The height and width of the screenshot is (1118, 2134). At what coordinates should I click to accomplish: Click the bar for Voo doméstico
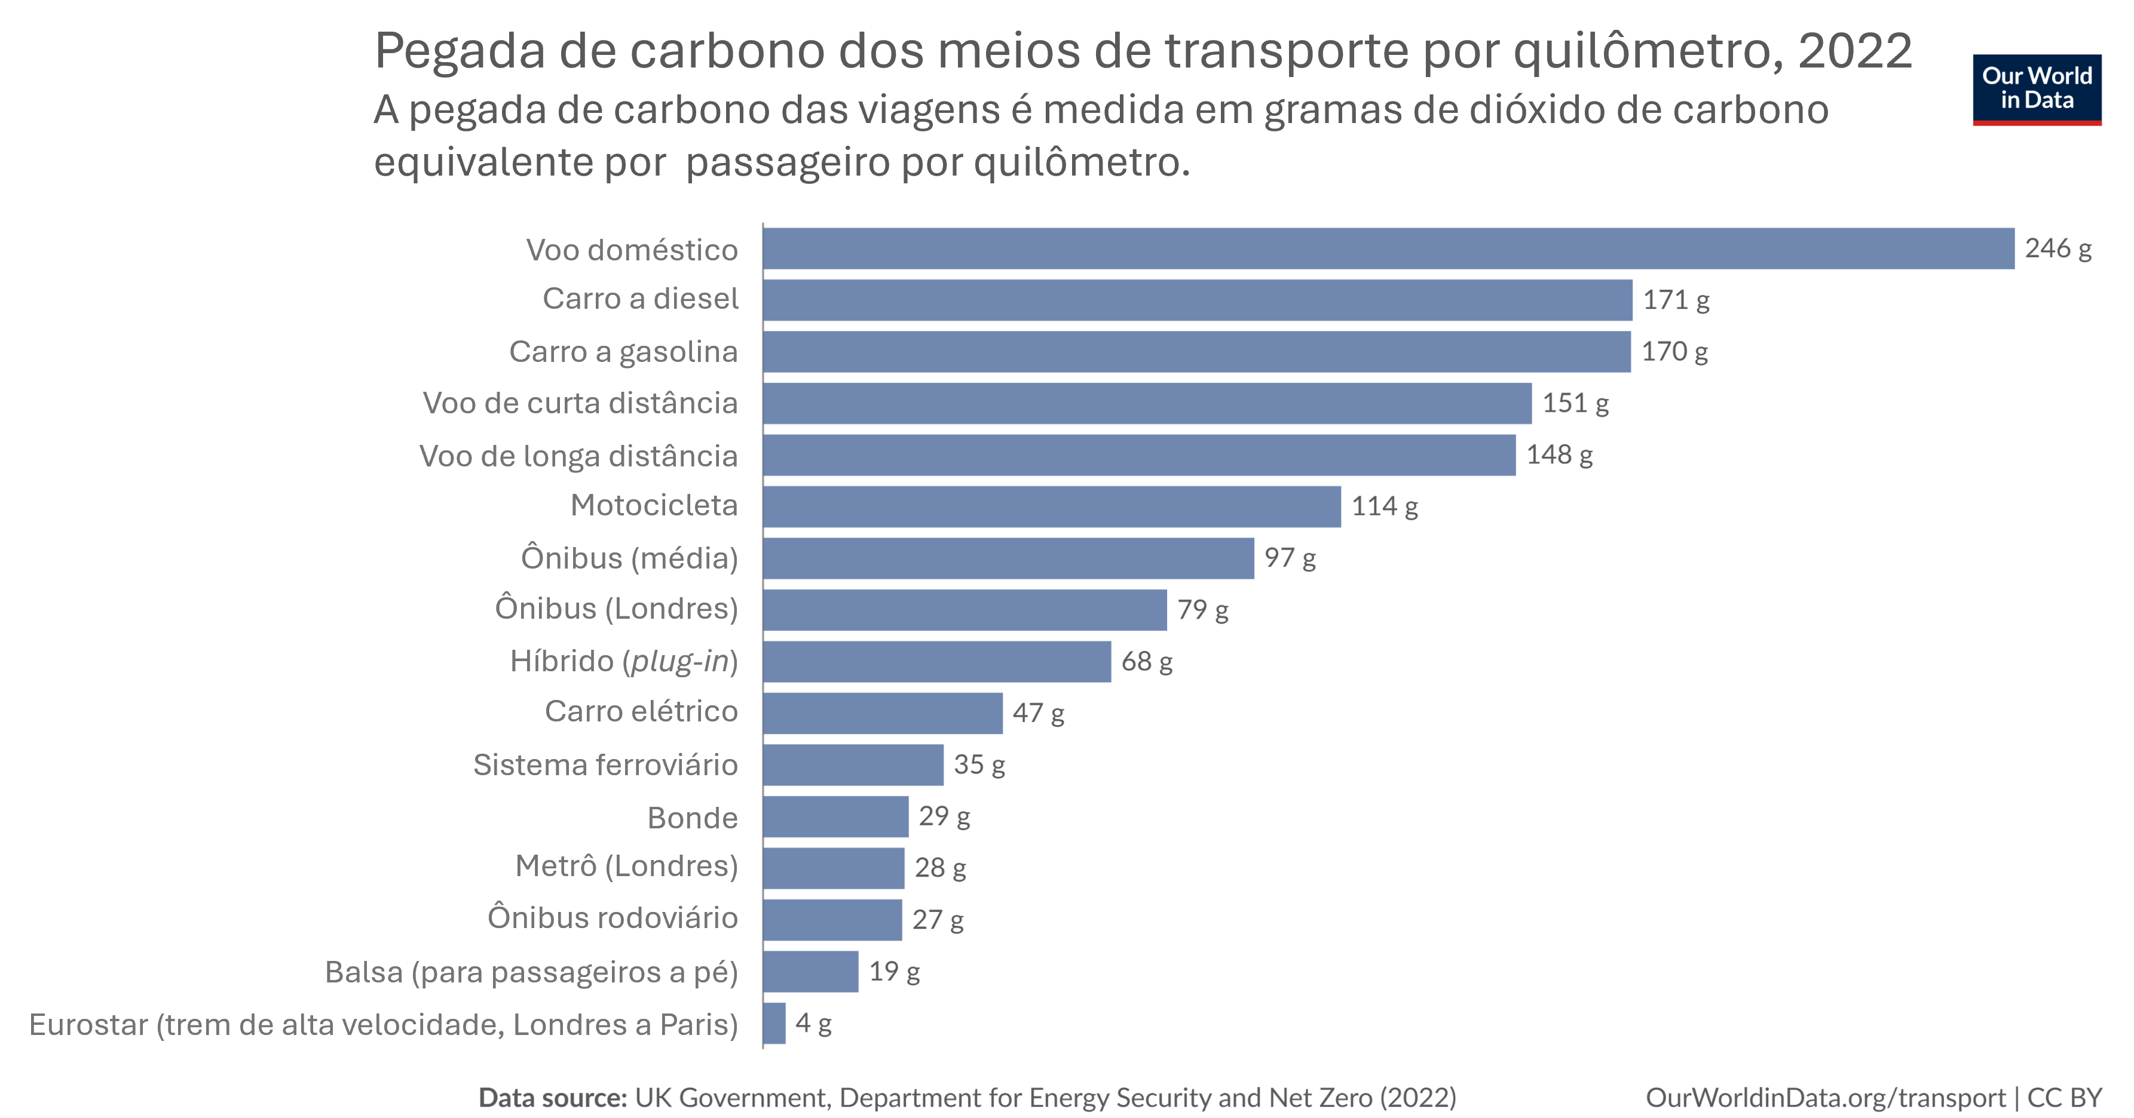click(1388, 248)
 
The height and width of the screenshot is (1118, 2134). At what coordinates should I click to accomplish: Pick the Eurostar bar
click(774, 1024)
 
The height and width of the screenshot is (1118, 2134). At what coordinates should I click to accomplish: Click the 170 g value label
click(1674, 352)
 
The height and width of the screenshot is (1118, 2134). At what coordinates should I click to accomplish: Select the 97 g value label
click(1289, 558)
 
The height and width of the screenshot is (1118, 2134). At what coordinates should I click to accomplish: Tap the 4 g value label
click(813, 1024)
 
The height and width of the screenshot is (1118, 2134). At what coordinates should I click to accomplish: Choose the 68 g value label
click(1147, 662)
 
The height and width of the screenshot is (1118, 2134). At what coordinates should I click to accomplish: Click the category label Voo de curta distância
click(580, 403)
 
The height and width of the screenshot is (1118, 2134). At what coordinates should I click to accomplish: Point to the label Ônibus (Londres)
click(616, 609)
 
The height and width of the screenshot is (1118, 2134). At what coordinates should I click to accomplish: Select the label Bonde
click(693, 818)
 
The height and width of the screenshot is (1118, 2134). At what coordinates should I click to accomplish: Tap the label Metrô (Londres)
click(626, 866)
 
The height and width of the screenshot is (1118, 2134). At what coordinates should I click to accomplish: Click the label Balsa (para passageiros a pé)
click(531, 972)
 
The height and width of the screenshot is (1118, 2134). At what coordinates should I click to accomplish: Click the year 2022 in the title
click(1855, 51)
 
